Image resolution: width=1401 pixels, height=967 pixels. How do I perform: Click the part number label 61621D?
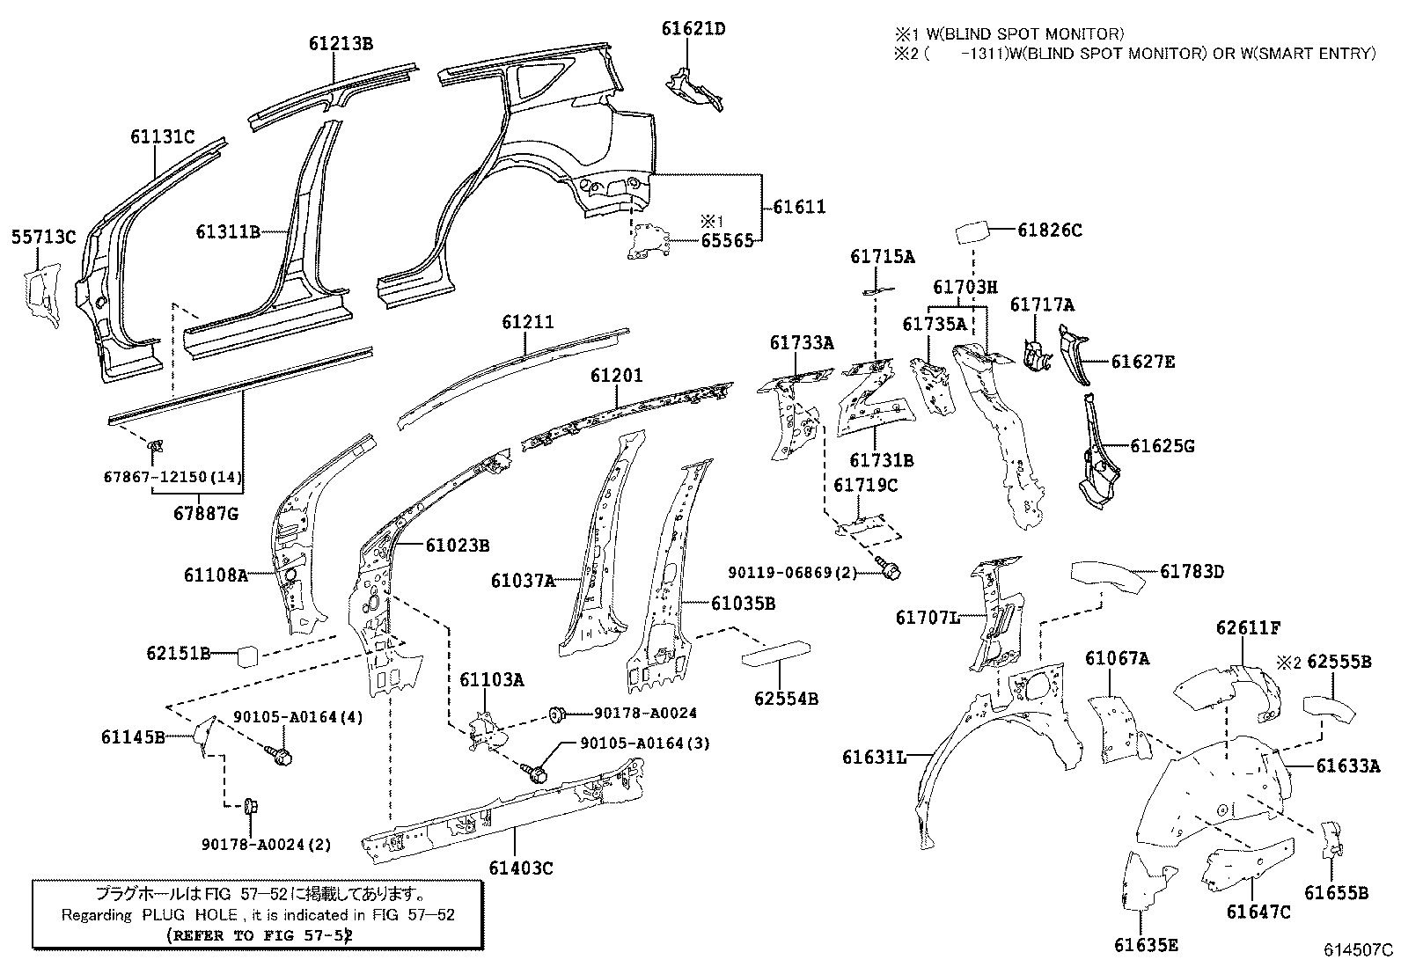point(693,29)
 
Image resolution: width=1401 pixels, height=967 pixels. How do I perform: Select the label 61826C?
point(1050,231)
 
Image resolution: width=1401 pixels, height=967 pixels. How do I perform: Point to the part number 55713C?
point(44,237)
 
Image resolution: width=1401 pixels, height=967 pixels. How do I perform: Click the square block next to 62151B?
point(249,656)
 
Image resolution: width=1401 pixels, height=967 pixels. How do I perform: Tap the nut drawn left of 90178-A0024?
point(556,713)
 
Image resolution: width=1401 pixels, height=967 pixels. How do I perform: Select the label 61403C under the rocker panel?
point(519,868)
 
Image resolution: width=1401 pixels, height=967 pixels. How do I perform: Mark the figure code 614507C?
point(1360,950)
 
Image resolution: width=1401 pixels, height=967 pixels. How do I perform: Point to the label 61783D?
point(1192,572)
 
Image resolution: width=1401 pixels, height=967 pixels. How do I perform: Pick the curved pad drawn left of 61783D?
point(1108,575)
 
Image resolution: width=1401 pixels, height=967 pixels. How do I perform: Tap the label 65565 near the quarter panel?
point(727,241)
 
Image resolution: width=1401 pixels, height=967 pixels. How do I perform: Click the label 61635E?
point(1146,945)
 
